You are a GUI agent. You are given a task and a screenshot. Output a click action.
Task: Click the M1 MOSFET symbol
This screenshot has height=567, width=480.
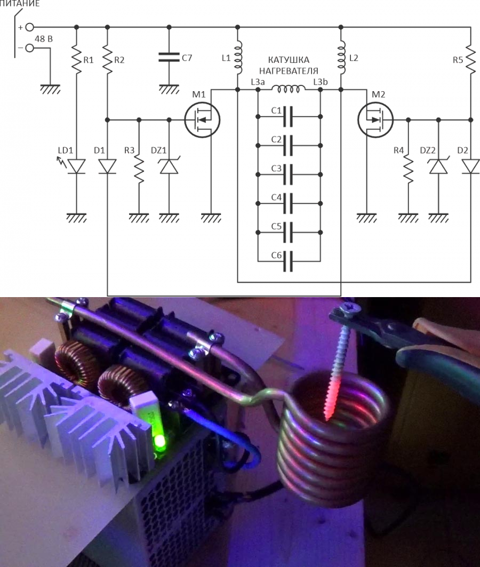coord(202,119)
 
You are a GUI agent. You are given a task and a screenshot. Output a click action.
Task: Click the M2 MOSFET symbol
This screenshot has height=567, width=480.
coord(375,119)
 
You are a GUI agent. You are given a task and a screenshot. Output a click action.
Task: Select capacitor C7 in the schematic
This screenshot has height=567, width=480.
coord(169,57)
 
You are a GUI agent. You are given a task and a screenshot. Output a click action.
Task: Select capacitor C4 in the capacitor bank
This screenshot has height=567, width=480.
coord(288,204)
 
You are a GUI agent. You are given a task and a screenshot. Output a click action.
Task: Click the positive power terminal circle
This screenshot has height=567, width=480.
coord(30,27)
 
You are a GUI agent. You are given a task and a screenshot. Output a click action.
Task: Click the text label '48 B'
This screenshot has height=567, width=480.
coord(44,39)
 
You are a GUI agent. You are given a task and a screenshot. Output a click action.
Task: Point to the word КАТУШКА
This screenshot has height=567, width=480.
coord(289,60)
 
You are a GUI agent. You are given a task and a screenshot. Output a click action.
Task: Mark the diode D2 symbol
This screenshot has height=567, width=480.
coord(470,166)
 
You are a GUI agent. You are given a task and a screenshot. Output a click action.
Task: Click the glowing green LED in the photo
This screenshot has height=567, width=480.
coord(159,442)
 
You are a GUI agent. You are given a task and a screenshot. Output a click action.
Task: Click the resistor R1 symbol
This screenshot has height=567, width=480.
coord(76,59)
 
